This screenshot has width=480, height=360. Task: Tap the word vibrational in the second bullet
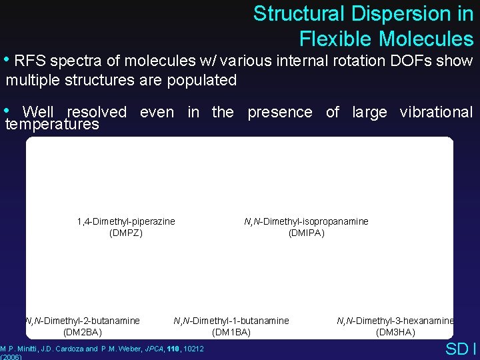coord(436,112)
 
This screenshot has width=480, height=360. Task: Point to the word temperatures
coord(52,125)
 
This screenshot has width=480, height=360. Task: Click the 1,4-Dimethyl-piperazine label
coord(126,221)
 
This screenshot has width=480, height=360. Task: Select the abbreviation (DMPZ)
coord(126,233)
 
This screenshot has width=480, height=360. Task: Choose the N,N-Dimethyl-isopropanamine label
coord(306,221)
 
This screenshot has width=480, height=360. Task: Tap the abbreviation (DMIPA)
coord(306,233)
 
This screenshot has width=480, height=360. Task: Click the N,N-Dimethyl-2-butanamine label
coord(83,321)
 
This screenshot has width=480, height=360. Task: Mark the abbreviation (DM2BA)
coord(83,332)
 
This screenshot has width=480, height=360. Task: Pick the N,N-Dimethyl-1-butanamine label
coord(231,321)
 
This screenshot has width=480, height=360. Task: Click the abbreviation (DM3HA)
coord(395,332)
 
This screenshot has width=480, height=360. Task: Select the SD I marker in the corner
coord(460,349)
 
